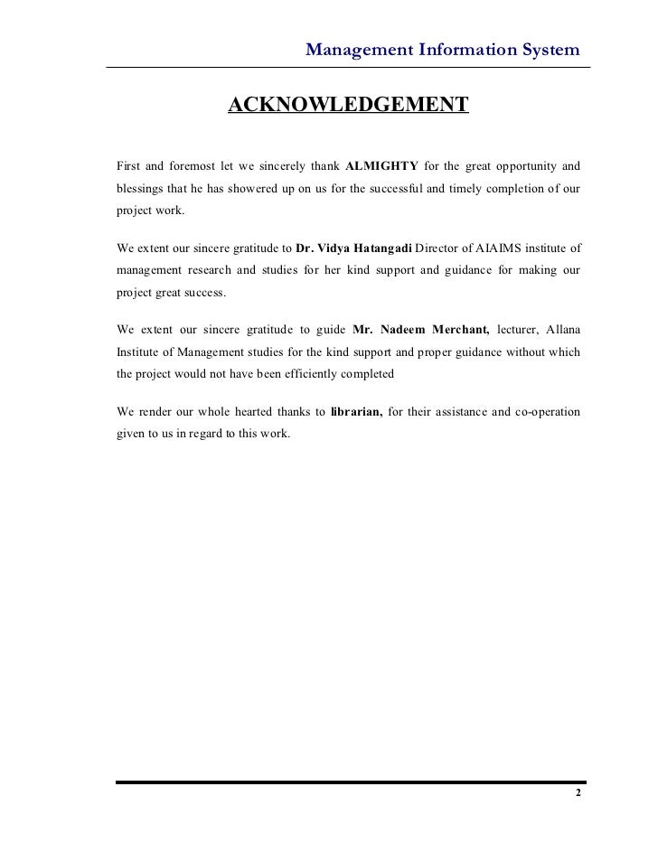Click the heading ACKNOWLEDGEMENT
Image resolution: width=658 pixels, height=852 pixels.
coord(348,106)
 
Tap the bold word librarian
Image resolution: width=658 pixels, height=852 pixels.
coord(356,412)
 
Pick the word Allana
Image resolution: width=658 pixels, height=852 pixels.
coord(561,327)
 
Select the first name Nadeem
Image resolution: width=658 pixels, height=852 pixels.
coord(394,327)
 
